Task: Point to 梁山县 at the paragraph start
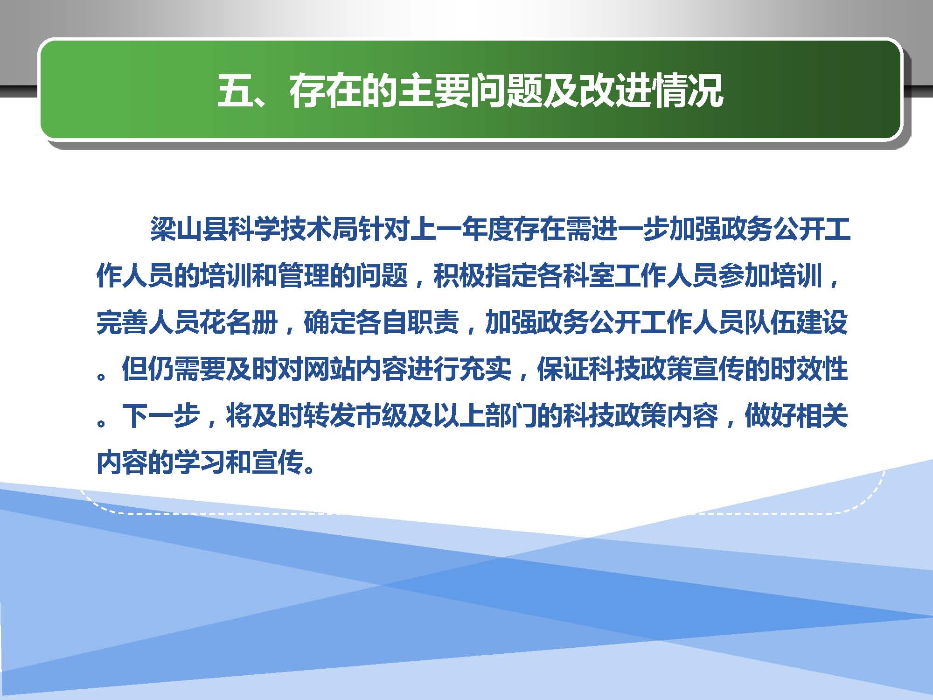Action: click(189, 230)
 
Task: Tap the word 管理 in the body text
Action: click(303, 276)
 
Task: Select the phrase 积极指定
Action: click(485, 276)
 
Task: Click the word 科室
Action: click(589, 276)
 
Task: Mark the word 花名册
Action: click(239, 322)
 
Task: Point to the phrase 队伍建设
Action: click(796, 322)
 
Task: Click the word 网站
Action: click(329, 368)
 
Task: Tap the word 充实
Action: click(485, 368)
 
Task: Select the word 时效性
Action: click(809, 368)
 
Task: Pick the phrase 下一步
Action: click(161, 415)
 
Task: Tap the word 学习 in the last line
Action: click(200, 462)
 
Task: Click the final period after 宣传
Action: click(308, 468)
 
